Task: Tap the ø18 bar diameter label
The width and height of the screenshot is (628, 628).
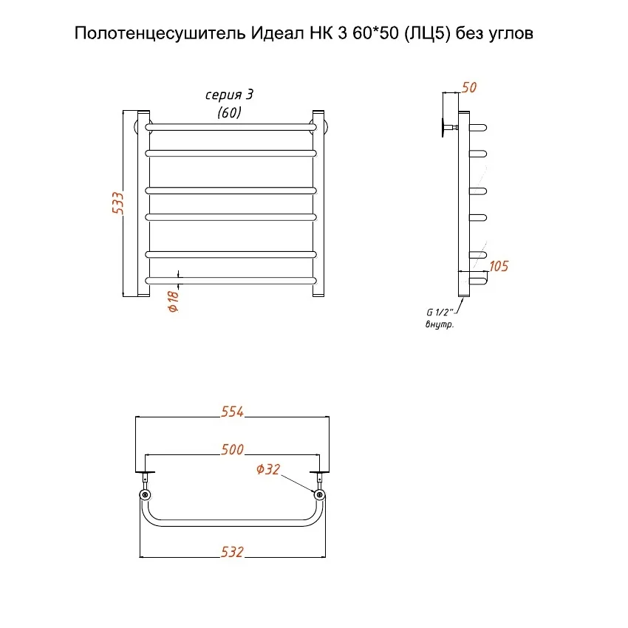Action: click(x=174, y=299)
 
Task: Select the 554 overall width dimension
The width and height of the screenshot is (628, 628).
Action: click(x=232, y=412)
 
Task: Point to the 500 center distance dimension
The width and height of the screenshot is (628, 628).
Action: click(x=232, y=449)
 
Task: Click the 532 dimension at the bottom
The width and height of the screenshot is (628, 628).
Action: click(x=232, y=551)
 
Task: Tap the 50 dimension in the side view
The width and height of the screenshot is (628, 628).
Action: click(x=468, y=87)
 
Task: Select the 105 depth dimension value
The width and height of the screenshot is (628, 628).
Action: click(x=499, y=266)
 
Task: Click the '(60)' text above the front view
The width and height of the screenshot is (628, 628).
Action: click(x=229, y=112)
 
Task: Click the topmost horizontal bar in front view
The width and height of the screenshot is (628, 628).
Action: click(x=232, y=127)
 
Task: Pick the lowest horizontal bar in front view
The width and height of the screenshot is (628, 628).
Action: click(x=232, y=280)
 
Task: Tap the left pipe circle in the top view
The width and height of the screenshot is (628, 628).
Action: click(x=145, y=494)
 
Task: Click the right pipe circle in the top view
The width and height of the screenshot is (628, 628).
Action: click(x=319, y=494)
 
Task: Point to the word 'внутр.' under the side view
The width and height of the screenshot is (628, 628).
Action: click(x=440, y=326)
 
